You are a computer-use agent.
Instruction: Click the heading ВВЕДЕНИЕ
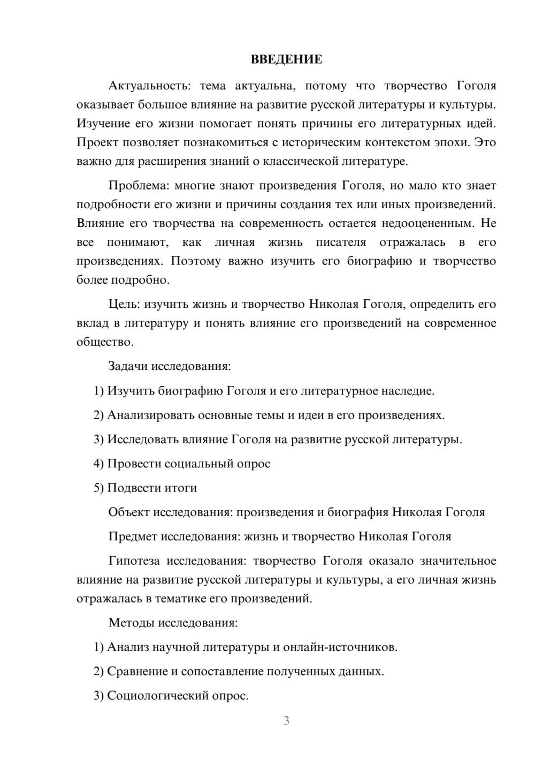[x=286, y=59]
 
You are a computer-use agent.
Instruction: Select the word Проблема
[x=137, y=186]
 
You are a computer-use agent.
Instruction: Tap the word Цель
[x=123, y=304]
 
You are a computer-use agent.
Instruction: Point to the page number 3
[x=286, y=721]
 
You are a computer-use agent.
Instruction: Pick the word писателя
[x=341, y=242]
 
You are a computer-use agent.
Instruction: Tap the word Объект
[x=129, y=512]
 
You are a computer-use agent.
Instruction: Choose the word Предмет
[x=133, y=536]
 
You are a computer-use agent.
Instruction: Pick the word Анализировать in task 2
[x=151, y=415]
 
